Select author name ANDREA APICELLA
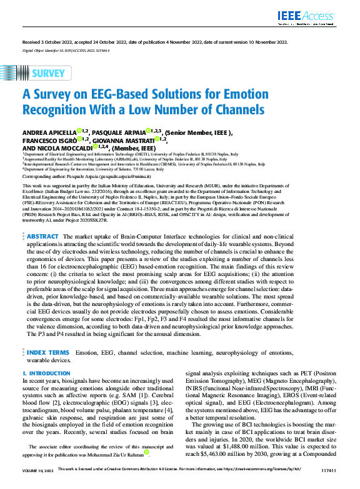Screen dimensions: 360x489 49,132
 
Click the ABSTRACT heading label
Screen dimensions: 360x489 42,237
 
